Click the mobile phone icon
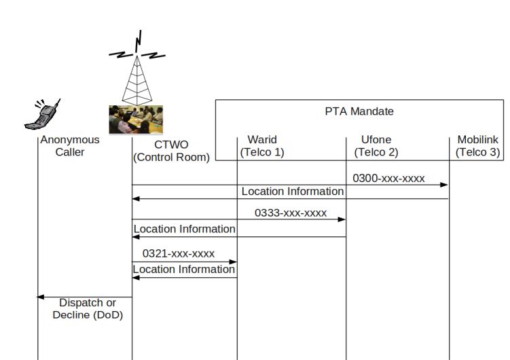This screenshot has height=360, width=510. tap(42, 115)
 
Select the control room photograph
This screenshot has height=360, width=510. tap(136, 120)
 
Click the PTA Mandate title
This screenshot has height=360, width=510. tap(359, 111)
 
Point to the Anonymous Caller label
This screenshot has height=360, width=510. tap(70, 145)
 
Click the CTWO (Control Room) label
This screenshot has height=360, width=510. tap(171, 151)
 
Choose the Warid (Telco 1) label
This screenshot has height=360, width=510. tap(262, 145)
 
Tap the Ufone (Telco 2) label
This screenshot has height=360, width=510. tap(376, 145)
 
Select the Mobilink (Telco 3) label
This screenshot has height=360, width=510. tap(478, 145)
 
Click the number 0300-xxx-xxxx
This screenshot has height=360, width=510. tap(388, 178)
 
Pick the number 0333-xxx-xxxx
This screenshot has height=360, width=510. tap(291, 213)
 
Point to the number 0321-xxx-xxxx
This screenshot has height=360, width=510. tap(179, 253)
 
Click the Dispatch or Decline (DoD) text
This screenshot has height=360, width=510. tap(88, 308)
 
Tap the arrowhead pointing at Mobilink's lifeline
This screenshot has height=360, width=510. tap(444, 185)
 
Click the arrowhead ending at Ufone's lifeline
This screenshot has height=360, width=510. tap(342, 219)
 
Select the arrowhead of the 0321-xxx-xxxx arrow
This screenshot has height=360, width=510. tap(233, 262)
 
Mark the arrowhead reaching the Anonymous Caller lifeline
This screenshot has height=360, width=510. tap(40, 297)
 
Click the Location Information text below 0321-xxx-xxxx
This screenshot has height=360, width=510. tap(184, 269)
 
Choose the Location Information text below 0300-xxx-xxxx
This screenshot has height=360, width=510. tap(293, 192)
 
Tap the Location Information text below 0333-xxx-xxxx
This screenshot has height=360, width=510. tap(185, 229)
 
